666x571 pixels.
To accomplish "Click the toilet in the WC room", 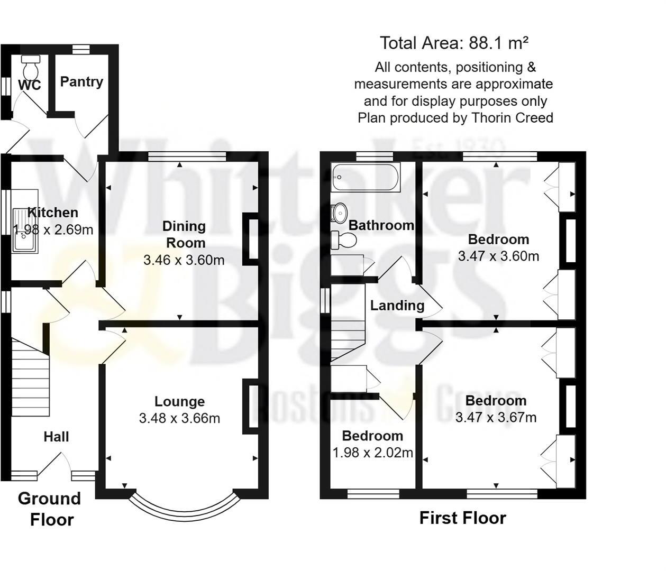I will (32, 66).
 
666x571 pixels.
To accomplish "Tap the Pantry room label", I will (81, 81).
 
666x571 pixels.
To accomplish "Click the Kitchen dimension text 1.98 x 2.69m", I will (53, 229).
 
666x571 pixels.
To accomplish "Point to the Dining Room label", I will (184, 234).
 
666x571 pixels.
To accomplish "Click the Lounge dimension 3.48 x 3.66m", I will (179, 418).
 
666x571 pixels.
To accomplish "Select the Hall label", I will (56, 437).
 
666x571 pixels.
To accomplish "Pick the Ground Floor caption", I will (50, 509).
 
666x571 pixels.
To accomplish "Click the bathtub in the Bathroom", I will (366, 177).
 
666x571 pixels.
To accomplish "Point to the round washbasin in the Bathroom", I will (339, 211).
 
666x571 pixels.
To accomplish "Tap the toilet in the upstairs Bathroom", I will (344, 240).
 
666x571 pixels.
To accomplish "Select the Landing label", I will (397, 305).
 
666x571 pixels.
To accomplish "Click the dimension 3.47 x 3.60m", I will (498, 256).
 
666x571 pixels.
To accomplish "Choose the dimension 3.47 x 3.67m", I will (496, 418).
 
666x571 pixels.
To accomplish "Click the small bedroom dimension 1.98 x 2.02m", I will (372, 453).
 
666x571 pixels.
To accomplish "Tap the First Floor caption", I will (462, 518).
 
